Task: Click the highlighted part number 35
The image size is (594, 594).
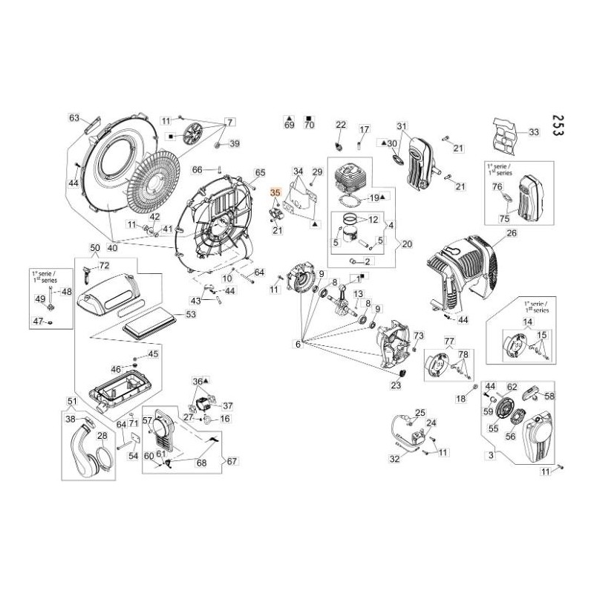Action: (x=275, y=193)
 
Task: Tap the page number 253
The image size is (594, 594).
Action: (x=559, y=131)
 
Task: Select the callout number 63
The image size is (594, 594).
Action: (x=74, y=117)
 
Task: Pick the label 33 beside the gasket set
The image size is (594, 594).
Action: (x=533, y=132)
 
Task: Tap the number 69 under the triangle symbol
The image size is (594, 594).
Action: (x=290, y=126)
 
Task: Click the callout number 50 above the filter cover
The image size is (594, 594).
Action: (x=94, y=247)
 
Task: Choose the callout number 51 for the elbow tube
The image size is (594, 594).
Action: (x=72, y=402)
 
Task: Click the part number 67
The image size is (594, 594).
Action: (x=232, y=462)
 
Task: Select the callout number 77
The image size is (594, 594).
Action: (x=448, y=340)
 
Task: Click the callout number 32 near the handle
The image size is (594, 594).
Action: (x=395, y=460)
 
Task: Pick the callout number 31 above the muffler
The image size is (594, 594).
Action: (x=402, y=125)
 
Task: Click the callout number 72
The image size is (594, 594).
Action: (x=103, y=265)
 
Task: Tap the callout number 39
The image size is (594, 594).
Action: (x=233, y=143)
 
